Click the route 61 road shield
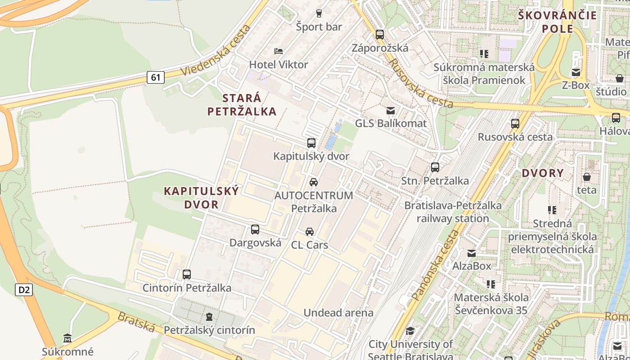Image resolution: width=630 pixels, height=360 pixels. point(155,77)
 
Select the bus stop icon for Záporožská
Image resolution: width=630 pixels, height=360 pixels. point(380,35)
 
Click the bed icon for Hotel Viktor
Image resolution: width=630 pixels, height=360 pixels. point(279,51)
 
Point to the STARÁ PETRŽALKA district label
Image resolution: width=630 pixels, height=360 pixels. point(242,104)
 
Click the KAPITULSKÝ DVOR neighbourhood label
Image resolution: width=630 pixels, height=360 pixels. point(201,198)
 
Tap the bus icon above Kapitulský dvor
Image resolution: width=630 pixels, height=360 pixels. point(311,144)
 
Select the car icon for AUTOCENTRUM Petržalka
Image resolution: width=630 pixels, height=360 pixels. point(314,182)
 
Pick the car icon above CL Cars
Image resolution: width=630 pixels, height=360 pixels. point(310,232)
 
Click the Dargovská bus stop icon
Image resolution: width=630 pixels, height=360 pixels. point(255,229)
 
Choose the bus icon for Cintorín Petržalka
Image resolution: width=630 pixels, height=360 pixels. point(187,274)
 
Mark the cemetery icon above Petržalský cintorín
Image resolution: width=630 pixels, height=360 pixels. point(209,317)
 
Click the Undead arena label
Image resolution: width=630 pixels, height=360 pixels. point(338,313)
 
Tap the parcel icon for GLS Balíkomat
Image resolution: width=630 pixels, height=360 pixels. point(391,110)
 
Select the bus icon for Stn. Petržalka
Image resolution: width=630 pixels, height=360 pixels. point(435,167)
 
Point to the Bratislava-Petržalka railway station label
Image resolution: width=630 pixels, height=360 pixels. point(453,212)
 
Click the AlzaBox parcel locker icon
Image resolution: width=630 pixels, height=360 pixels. point(472,253)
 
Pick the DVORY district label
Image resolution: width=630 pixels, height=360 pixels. point(543,173)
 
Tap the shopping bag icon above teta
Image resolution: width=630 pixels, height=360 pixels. point(587,177)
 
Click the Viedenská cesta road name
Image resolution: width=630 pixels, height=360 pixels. point(215,50)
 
